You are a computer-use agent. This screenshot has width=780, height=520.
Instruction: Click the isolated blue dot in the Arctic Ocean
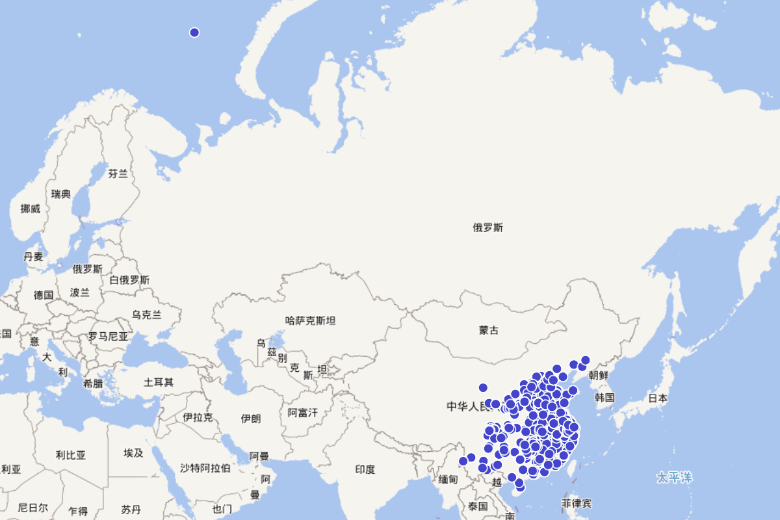pos(194,32)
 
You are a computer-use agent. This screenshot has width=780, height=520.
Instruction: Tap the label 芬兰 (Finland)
pos(118,174)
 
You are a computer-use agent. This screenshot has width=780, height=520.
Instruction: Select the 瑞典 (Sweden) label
pos(61,194)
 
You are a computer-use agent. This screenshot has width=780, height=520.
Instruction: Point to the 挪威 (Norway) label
pos(31,209)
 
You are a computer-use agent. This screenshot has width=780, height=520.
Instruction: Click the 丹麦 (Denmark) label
pos(33,256)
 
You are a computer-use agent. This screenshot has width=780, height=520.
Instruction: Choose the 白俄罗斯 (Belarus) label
pos(129,279)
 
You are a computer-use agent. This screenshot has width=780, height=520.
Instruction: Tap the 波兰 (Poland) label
pos(80,292)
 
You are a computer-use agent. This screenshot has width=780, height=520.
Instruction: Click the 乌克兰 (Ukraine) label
pos(147,314)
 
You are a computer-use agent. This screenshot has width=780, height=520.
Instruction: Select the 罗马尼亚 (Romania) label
pos(109,337)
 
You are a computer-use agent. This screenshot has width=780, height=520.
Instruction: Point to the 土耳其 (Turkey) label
pos(159,382)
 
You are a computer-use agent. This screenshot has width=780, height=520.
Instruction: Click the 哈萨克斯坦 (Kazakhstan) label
pos(311,320)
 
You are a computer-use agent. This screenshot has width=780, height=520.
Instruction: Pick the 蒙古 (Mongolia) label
pos(489,330)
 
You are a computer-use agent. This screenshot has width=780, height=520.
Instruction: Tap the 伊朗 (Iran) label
pos(251,418)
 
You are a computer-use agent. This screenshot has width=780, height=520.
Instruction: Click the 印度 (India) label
pos(365,469)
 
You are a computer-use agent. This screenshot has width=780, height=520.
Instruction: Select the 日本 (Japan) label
pos(658,398)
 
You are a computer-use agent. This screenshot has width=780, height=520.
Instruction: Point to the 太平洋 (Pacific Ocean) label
pos(674,478)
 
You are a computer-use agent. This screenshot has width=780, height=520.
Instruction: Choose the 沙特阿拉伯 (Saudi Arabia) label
pos(205,468)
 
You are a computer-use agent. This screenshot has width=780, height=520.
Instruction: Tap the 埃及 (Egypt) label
pos(133,452)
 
